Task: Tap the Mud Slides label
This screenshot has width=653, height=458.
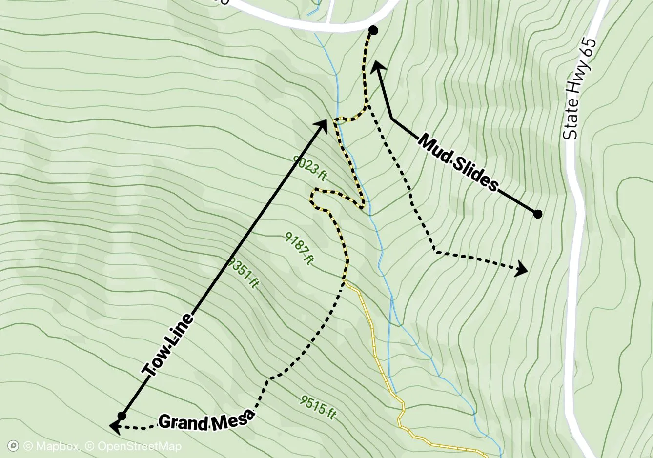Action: (458, 163)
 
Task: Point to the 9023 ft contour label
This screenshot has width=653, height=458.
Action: (309, 168)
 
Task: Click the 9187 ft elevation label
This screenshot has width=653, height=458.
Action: (299, 248)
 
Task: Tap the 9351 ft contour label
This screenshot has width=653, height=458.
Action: (243, 273)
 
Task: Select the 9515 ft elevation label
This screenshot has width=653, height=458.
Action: (318, 407)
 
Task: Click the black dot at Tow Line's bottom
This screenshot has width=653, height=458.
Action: (122, 416)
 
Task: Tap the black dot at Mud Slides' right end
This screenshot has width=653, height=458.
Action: (537, 214)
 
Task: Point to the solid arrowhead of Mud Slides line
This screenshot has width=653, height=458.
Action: (377, 67)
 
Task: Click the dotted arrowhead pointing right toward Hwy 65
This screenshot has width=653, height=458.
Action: (523, 268)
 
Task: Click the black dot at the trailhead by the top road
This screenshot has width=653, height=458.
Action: (373, 31)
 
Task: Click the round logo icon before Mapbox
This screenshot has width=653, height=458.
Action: (14, 446)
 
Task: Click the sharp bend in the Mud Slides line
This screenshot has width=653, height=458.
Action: (392, 118)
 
